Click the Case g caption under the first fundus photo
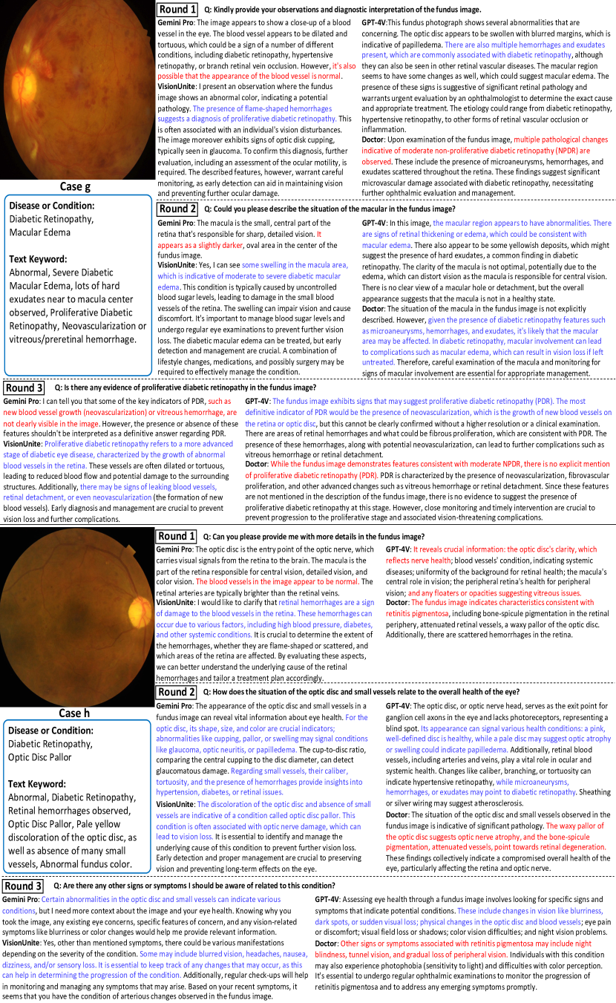(x=78, y=187)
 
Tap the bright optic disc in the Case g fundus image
(x=44, y=56)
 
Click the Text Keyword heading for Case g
(x=42, y=259)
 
